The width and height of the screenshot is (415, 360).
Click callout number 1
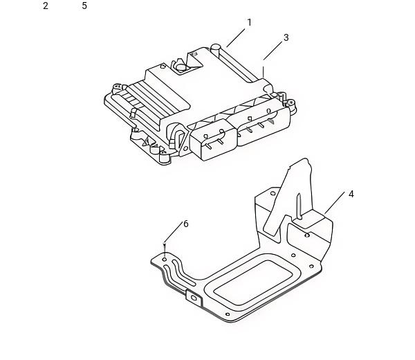(x=249, y=23)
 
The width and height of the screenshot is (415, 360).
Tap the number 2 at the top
(x=46, y=6)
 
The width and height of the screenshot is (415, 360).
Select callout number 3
(x=286, y=37)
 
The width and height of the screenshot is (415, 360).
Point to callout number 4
(x=351, y=194)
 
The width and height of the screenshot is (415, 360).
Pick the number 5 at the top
(x=84, y=6)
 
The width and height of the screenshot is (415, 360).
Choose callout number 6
(x=186, y=224)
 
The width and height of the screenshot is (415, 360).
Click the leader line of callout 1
(x=236, y=38)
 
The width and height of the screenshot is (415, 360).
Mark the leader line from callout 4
(x=335, y=203)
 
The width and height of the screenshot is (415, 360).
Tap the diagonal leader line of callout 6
(x=174, y=233)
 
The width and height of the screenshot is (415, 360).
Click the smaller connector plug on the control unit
(x=213, y=140)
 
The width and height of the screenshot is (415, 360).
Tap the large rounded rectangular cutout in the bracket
(x=252, y=282)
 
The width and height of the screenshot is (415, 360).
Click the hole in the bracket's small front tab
(x=194, y=298)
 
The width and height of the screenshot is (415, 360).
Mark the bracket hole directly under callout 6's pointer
(x=165, y=259)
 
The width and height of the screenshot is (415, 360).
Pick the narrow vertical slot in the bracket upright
(x=299, y=206)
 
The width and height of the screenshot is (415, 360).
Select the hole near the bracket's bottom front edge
(x=228, y=314)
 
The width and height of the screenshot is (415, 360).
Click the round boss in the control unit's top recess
(x=181, y=67)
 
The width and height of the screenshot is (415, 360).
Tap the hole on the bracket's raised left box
(x=273, y=193)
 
